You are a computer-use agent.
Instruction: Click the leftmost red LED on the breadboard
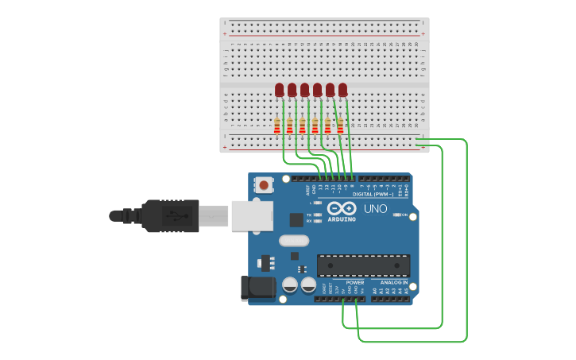(279, 90)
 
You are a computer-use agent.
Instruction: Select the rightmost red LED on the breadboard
(342, 90)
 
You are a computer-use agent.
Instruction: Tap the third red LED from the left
(304, 90)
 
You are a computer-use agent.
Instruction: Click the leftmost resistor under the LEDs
(277, 126)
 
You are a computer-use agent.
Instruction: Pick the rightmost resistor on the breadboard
(340, 126)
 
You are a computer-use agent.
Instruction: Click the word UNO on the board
(375, 209)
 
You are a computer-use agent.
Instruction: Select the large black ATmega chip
(363, 265)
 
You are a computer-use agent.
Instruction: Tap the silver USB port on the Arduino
(252, 215)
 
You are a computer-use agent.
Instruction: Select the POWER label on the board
(355, 282)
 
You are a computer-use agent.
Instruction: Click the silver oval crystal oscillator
(293, 240)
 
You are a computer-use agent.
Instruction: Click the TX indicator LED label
(309, 215)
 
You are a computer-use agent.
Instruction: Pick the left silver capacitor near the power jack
(290, 285)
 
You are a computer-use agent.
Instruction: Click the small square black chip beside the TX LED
(296, 219)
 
